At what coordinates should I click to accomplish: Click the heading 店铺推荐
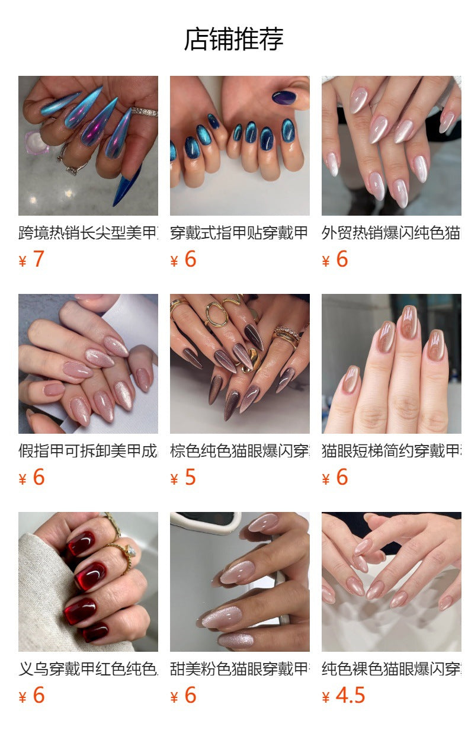[x=233, y=39]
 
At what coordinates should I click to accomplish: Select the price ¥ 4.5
[x=343, y=696]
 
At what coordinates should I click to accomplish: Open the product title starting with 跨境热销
[x=88, y=233]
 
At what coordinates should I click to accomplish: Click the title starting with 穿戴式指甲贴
[x=239, y=233]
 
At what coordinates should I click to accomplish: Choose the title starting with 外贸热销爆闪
[x=391, y=233]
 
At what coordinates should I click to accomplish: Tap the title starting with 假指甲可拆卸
[x=88, y=451]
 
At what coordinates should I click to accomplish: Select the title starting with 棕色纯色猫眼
[x=239, y=451]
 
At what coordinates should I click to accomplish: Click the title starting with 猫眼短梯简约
[x=391, y=451]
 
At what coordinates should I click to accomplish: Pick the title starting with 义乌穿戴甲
[x=88, y=669]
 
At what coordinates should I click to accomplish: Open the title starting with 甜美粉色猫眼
[x=239, y=669]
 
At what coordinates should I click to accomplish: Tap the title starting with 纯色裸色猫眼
[x=391, y=669]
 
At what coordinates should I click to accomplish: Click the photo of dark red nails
[x=88, y=582]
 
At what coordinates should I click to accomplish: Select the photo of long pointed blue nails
[x=88, y=145]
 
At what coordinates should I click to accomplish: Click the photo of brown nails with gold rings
[x=239, y=364]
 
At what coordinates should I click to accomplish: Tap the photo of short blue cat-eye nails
[x=239, y=145]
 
